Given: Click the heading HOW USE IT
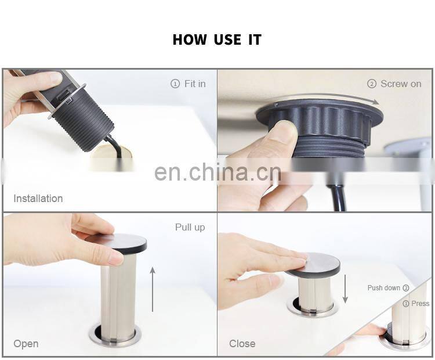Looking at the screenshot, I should click(217, 39).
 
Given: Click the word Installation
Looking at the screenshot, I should click(38, 199).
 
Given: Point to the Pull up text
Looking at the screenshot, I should click(190, 227).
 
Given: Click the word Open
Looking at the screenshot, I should click(26, 344).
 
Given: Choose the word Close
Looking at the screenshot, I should click(242, 344).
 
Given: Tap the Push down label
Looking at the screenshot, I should click(384, 288).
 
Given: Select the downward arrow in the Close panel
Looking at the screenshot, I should click(345, 289).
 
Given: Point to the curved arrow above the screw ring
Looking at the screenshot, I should click(325, 96).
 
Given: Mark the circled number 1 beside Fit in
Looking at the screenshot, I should click(175, 84).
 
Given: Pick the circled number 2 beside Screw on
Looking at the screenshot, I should click(372, 84).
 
